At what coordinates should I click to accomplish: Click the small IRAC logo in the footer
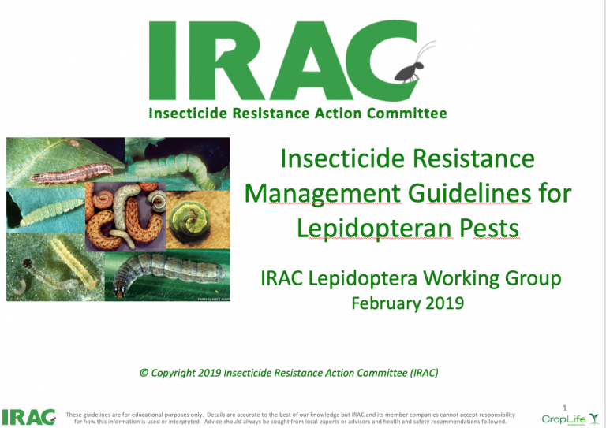click(x=28, y=417)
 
